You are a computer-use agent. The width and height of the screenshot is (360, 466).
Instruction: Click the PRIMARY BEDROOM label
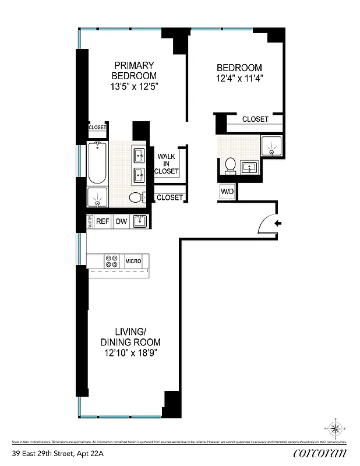click(135, 70)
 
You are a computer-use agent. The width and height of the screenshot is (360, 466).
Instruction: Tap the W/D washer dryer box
click(227, 192)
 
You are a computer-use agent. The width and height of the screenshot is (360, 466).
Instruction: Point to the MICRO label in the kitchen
click(133, 262)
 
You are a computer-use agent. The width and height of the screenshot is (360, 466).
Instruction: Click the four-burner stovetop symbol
click(111, 261)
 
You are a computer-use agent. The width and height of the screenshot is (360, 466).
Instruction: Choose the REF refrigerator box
click(103, 221)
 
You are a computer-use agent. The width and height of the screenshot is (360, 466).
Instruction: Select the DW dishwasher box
click(121, 221)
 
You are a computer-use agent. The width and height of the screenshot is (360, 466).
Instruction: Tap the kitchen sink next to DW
click(139, 221)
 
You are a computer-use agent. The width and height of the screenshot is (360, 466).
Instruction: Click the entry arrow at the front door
click(278, 223)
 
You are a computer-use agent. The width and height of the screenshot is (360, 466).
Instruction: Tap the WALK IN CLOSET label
click(167, 164)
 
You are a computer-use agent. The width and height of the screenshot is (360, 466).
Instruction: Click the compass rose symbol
click(336, 430)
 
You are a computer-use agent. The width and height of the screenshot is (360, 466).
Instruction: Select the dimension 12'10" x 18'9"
click(132, 353)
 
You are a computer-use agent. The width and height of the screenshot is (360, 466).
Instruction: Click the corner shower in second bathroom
click(272, 146)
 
